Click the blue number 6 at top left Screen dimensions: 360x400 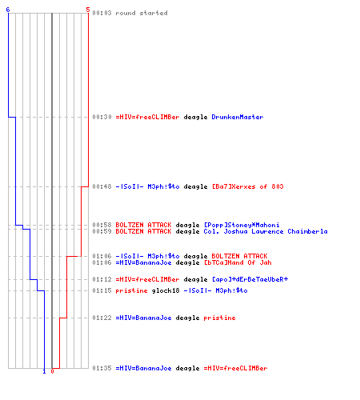click(8, 10)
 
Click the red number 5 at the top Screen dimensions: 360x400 click(88, 10)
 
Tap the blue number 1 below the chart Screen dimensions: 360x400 click(44, 371)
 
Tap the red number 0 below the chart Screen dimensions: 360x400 click(52, 371)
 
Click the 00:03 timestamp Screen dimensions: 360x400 click(102, 13)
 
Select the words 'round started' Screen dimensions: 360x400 click(142, 13)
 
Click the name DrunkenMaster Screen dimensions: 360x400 click(238, 117)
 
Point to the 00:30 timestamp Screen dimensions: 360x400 click(102, 117)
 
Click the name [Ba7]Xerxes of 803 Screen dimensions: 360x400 click(248, 186)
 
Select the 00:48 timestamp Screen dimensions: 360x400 click(102, 186)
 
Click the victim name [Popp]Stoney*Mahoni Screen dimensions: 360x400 click(242, 225)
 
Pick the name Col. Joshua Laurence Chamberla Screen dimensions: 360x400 click(266, 231)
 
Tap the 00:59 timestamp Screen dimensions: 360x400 click(102, 231)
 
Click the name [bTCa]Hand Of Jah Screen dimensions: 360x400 click(238, 262)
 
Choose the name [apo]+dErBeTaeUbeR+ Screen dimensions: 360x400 click(250, 279)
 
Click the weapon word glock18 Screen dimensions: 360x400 click(166, 290)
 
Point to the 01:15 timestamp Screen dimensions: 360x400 click(102, 290)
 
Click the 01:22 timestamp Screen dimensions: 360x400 click(102, 318)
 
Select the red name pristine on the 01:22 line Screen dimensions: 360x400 click(219, 318)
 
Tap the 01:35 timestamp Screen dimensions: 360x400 click(102, 368)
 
